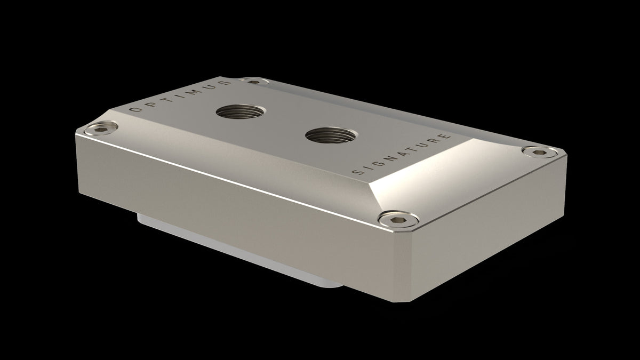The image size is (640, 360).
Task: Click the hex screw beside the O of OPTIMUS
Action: point(101,128)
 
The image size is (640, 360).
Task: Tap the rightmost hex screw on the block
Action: point(538,152)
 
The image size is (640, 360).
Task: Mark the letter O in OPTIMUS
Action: point(134,109)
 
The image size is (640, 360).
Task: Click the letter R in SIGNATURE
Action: point(436,140)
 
